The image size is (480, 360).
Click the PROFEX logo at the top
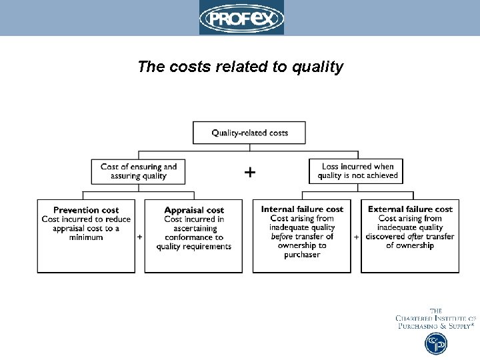click(241, 17)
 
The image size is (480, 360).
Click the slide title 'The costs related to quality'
click(240, 67)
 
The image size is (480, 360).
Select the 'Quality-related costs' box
click(249, 133)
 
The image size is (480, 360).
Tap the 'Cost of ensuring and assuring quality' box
click(139, 171)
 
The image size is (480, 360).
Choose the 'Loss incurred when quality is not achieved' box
click(357, 171)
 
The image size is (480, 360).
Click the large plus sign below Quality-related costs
click(249, 173)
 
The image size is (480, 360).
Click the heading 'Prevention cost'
click(86, 210)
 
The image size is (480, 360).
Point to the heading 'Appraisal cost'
click(194, 210)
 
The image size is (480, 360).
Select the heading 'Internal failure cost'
click(302, 209)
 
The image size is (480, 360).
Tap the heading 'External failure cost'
click(410, 209)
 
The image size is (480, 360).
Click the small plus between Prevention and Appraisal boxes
click(139, 237)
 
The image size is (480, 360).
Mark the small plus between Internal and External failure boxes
click(356, 237)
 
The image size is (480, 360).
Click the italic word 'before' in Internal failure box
click(282, 237)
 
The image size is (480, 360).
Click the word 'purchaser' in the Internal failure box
click(302, 255)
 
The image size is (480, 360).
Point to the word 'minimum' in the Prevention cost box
click(86, 237)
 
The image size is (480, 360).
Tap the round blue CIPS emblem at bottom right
click(436, 343)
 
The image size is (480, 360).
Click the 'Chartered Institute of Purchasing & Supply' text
click(435, 319)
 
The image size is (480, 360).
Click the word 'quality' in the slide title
click(319, 67)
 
